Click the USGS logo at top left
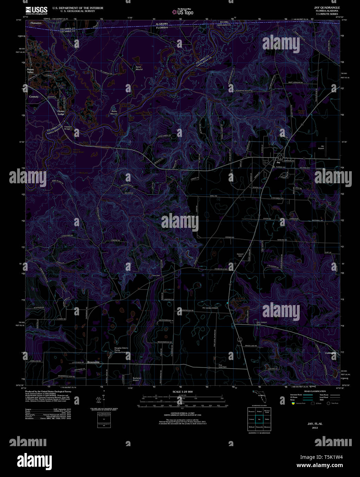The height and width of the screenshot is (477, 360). point(36,10)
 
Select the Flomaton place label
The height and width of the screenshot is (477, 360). point(36,23)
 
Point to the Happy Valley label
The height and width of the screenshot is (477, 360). point(31,71)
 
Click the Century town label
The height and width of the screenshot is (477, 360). point(34,97)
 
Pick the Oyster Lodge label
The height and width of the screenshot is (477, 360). point(61,113)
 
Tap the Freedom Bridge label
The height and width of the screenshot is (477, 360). point(67,128)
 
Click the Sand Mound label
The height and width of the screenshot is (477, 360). point(139,68)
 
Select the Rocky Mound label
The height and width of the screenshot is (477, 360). point(114,112)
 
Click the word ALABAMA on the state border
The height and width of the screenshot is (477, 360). point(162,24)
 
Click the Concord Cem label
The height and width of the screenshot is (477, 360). point(240,255)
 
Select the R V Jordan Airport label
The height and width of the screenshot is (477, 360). point(210,308)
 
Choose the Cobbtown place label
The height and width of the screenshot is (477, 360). point(331,353)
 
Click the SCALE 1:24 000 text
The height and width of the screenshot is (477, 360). point(182,392)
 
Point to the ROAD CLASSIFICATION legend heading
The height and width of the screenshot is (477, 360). point(315,391)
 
